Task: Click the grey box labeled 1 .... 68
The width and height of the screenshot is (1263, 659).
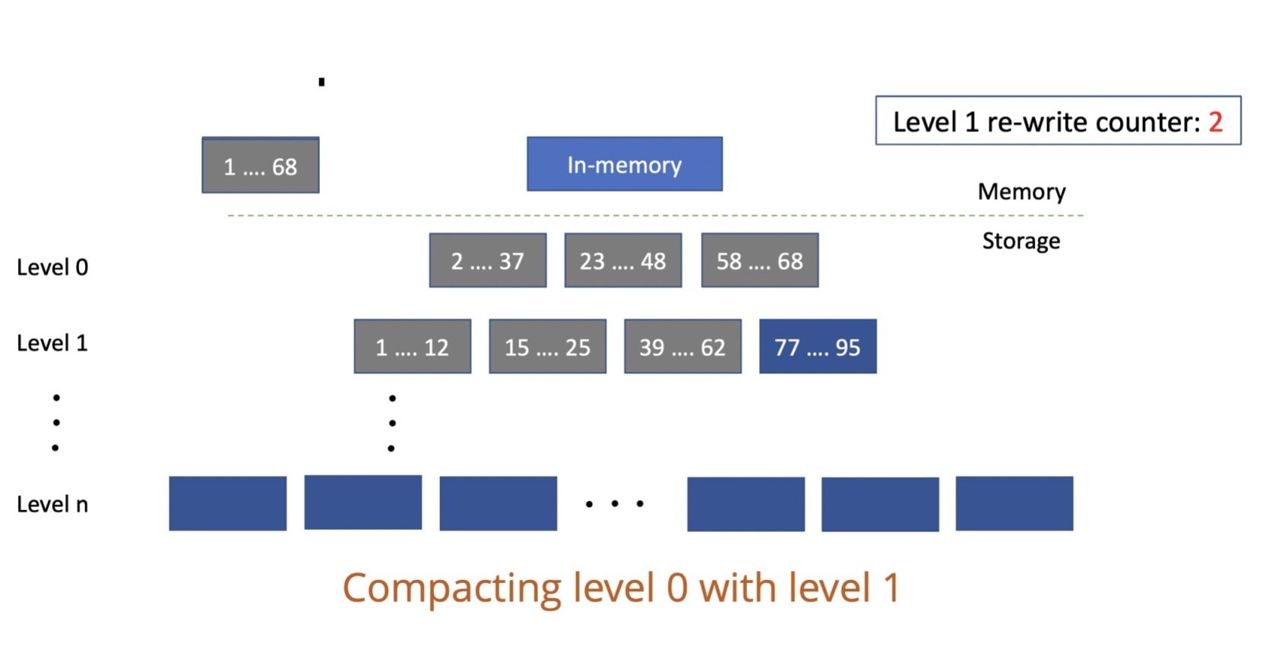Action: pyautogui.click(x=260, y=166)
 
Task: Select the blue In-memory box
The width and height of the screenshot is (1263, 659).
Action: pyautogui.click(x=624, y=164)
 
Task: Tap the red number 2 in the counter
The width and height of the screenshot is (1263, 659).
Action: pyautogui.click(x=1215, y=122)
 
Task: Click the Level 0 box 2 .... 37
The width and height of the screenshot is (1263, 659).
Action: pyautogui.click(x=487, y=261)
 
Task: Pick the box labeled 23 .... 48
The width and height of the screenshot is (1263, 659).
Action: pyautogui.click(x=622, y=261)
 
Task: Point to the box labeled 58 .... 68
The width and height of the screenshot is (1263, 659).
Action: pyautogui.click(x=759, y=261)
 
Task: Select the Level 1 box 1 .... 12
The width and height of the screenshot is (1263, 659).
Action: pyautogui.click(x=412, y=347)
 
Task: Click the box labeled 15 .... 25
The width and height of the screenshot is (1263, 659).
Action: pyautogui.click(x=547, y=347)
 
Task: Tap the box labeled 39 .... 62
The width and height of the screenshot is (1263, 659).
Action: pyautogui.click(x=682, y=347)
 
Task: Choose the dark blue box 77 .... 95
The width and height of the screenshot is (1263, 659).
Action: pyautogui.click(x=818, y=347)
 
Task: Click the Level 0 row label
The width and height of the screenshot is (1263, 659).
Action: pyautogui.click(x=52, y=268)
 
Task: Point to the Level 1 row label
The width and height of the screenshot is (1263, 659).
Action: pyautogui.click(x=52, y=344)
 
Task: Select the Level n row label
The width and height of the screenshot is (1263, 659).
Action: pyautogui.click(x=52, y=505)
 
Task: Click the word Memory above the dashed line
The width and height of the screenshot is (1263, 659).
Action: pyautogui.click(x=1021, y=192)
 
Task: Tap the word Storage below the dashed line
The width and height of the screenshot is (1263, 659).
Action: pyautogui.click(x=1021, y=241)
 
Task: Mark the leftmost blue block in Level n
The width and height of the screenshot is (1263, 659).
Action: pyautogui.click(x=227, y=503)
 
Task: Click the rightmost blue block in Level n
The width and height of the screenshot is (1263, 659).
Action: pyautogui.click(x=1014, y=503)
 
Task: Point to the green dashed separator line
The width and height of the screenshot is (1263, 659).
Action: pyautogui.click(x=654, y=216)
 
